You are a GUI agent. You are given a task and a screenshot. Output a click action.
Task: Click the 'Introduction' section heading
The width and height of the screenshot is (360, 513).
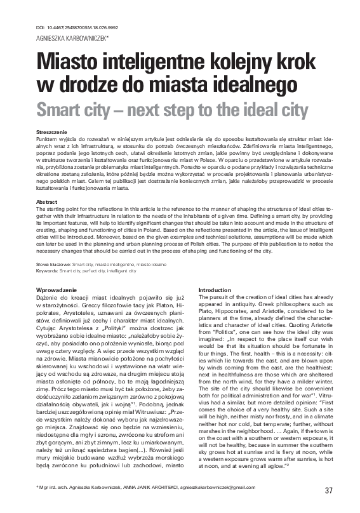tap(215, 290)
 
